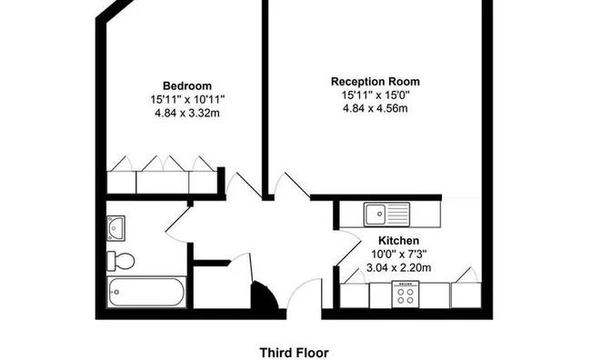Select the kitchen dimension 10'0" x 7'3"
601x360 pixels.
click(398, 255)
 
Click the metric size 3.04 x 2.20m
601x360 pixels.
click(398, 268)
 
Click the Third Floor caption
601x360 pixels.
click(294, 352)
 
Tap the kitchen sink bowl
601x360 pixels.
click(376, 215)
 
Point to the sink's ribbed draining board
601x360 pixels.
click(399, 215)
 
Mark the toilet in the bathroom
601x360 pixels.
click(121, 261)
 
